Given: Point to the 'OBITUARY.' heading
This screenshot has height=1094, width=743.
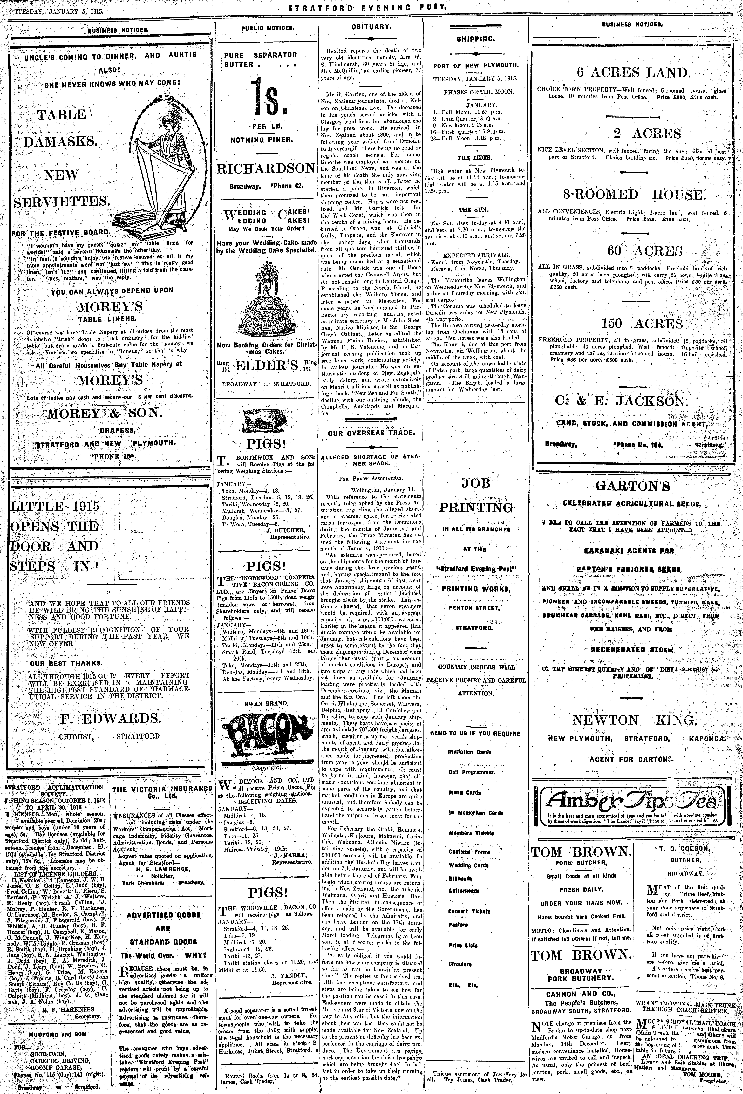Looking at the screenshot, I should (x=372, y=27).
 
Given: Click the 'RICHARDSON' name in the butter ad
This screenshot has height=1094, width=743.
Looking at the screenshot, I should (x=266, y=169).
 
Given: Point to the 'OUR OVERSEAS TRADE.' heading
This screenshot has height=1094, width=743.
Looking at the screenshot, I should (x=372, y=432).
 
